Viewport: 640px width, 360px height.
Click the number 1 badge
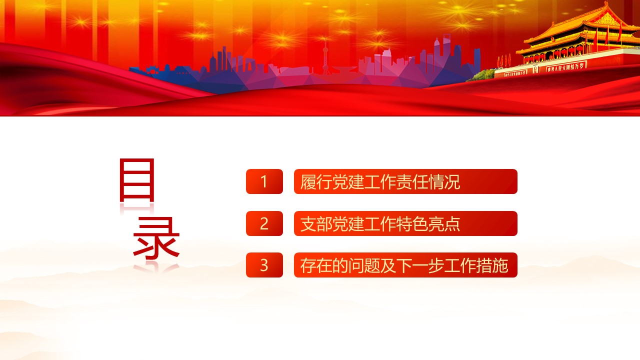264,181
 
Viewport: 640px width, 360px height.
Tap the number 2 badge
264,223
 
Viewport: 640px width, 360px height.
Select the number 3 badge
264,265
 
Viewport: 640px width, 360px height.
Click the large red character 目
137,180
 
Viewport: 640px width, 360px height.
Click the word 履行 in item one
316,181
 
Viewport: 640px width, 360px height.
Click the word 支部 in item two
316,223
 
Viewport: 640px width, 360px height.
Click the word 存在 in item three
316,265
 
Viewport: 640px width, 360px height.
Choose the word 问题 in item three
364,265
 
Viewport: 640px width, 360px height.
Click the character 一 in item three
420,265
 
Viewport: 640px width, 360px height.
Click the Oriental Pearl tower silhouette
325,57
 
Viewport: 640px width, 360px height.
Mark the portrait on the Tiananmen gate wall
535,69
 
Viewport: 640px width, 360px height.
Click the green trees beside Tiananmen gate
482,75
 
